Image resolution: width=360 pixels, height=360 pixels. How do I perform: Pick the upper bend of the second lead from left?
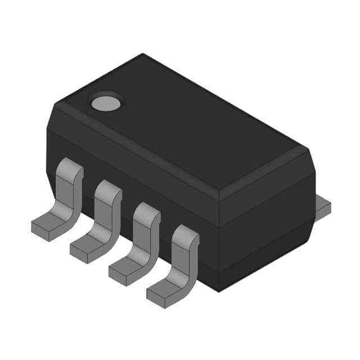108,189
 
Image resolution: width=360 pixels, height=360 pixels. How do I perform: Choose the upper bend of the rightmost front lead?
185,234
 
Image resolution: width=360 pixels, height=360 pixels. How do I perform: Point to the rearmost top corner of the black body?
143,55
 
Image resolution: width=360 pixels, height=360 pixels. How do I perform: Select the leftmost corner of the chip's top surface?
53,107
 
